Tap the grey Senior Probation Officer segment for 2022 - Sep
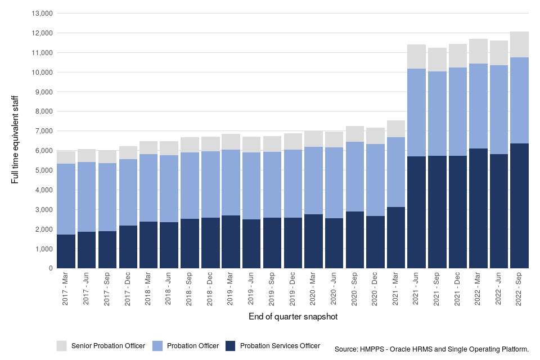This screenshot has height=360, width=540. click(520, 44)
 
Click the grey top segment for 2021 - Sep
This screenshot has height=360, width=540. click(437, 60)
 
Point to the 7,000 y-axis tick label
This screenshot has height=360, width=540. click(42, 131)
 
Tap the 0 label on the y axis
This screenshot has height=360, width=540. click(50, 268)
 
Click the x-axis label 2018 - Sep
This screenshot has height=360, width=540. click(190, 289)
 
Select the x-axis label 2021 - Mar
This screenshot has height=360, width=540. click(396, 289)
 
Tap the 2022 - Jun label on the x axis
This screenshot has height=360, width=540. click(499, 289)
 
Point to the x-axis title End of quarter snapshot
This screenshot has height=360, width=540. click(293, 317)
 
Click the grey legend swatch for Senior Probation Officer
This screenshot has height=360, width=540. click(62, 345)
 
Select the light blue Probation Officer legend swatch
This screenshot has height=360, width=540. click(159, 345)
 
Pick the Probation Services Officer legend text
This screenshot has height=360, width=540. click(280, 346)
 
